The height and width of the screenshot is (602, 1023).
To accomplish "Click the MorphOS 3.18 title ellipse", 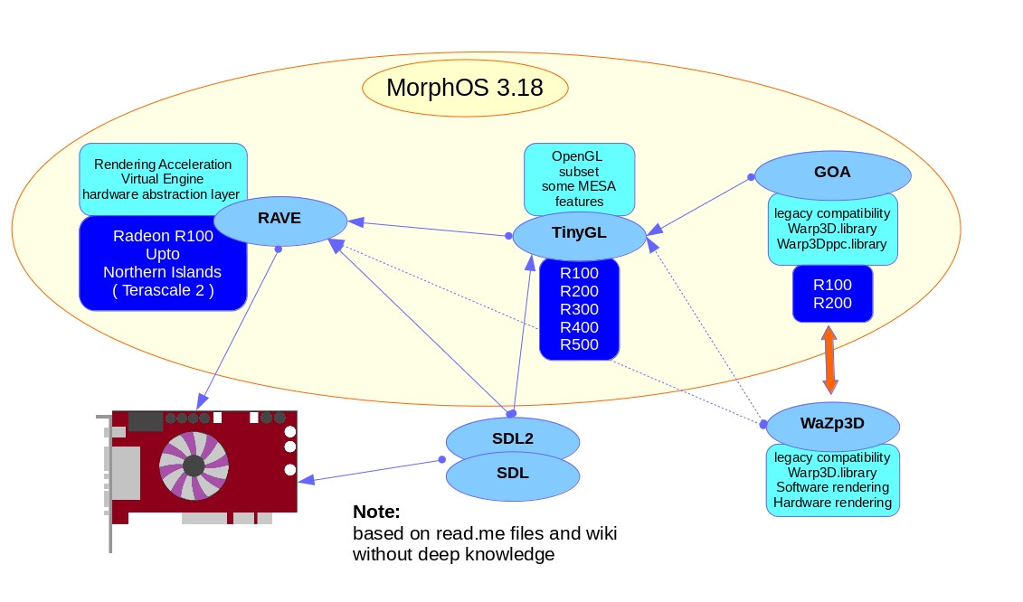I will [465, 88].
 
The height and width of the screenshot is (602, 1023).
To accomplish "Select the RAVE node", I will [279, 218].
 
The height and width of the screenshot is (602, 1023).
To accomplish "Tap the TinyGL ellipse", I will [579, 233].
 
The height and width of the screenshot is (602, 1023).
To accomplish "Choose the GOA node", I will [832, 172].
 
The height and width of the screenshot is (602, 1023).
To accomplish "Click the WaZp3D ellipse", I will [833, 423].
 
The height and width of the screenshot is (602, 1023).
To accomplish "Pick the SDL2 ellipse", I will [511, 438].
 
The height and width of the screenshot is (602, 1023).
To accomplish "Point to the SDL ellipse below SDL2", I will [513, 473].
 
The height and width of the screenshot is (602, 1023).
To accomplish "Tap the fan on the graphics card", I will [193, 465].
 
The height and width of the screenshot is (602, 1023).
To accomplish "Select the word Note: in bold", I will [376, 512].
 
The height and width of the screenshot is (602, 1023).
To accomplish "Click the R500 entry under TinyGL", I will [579, 344].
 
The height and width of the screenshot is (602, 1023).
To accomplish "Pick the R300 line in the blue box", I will [579, 309].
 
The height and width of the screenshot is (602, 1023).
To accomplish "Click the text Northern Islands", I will [162, 272].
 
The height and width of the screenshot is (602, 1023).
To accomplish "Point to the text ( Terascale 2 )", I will [163, 290].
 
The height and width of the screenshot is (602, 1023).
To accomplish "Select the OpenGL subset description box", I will [579, 177].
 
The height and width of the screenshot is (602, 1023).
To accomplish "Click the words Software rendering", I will [832, 487].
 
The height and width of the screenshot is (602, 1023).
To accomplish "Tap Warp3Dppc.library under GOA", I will [832, 244].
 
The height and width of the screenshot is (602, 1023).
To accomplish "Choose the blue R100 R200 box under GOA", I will [832, 294].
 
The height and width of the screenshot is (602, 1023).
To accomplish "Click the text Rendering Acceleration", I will [163, 165].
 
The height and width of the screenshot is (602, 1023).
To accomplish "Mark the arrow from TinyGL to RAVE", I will [430, 229].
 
